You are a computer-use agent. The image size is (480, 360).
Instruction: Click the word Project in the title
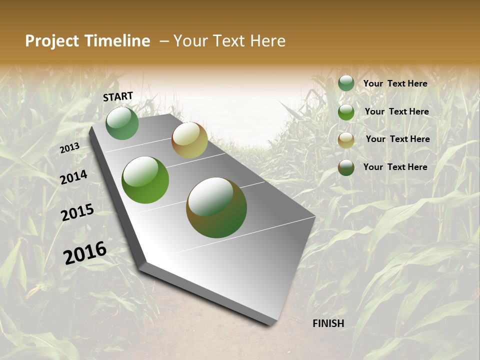pos(51,41)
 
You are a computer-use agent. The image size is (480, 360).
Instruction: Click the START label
pos(118,96)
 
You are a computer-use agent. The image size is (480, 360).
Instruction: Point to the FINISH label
pos(328,323)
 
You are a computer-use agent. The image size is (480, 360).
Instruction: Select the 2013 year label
pos(70,148)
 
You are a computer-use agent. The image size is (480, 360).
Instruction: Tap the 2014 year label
pos(74,177)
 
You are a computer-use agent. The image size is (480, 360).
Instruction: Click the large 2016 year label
pos(85,252)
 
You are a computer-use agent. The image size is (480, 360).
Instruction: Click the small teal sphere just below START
pos(122,123)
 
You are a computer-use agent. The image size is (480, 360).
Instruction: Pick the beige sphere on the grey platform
pos(189,140)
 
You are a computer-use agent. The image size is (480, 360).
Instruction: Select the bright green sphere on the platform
pos(145,180)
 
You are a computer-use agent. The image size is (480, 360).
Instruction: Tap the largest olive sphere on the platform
pos(216,207)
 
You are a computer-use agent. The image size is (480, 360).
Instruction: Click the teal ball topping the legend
pos(346,83)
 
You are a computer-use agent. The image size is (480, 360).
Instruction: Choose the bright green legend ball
pos(346,112)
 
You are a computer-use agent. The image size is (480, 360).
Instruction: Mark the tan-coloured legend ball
pos(346,140)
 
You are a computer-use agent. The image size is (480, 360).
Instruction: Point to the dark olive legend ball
pos(346,167)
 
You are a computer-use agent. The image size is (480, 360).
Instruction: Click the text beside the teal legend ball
pos(395,83)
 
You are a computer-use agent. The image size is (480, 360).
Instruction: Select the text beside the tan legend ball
pos(397,139)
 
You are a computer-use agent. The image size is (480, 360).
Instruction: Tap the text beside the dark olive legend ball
pos(395,167)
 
